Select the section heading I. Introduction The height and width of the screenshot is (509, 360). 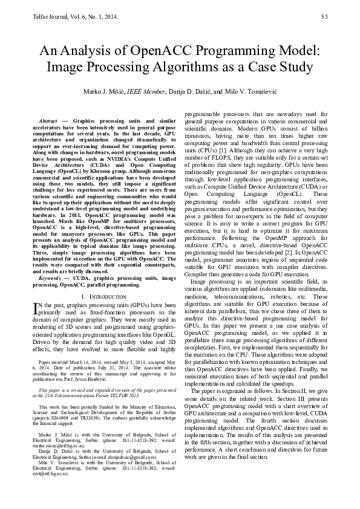(103, 297)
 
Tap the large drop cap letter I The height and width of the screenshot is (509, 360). (35, 308)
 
